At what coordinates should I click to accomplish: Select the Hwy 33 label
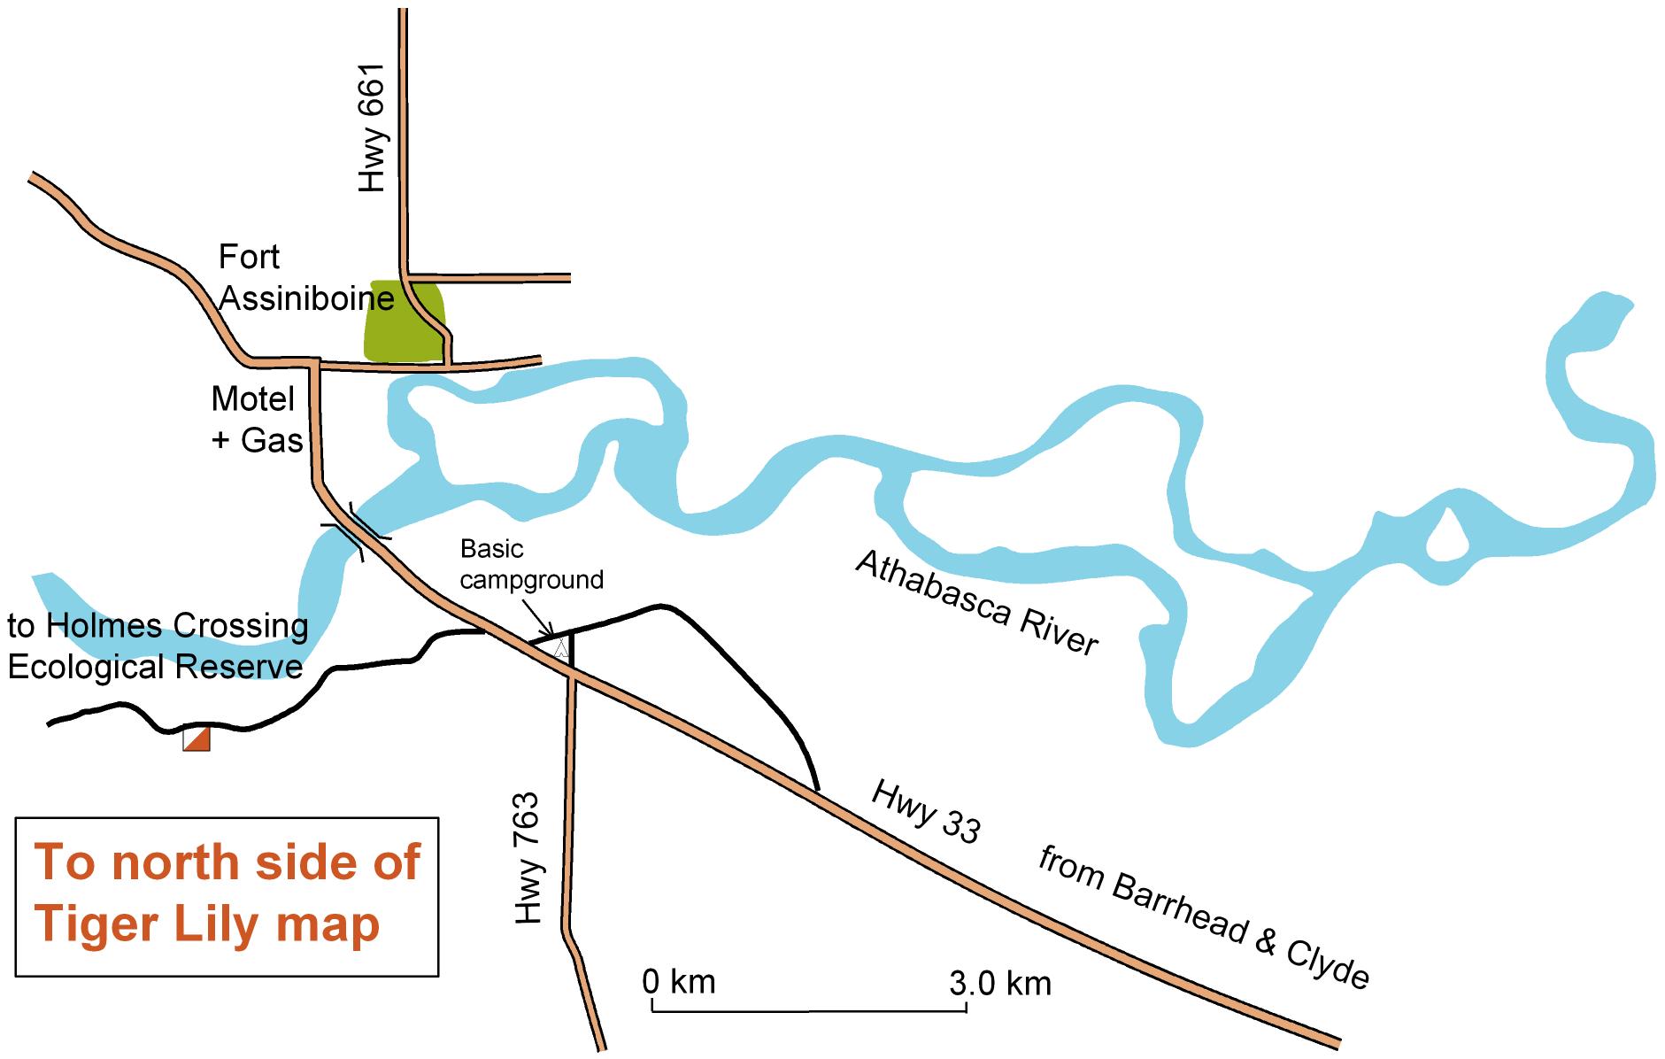(x=926, y=811)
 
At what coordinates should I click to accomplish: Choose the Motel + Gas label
(x=257, y=419)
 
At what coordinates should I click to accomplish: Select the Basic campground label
(x=530, y=564)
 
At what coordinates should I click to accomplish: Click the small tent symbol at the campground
(x=559, y=647)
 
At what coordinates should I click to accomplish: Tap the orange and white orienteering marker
(x=197, y=738)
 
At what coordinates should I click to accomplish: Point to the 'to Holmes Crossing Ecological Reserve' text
(x=158, y=645)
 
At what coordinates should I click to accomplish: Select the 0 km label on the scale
(x=679, y=981)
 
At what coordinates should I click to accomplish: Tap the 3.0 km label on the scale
(x=1000, y=983)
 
